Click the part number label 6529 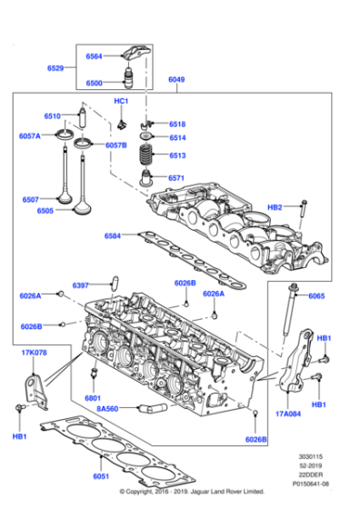(x=56, y=68)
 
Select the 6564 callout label (x=95, y=56)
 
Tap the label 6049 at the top (x=176, y=81)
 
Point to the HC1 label (x=122, y=101)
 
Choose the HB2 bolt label (x=275, y=207)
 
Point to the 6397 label (x=82, y=285)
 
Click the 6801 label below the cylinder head (x=92, y=398)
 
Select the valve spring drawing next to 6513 (x=143, y=157)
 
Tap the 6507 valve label (x=31, y=199)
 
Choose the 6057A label (x=30, y=135)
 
